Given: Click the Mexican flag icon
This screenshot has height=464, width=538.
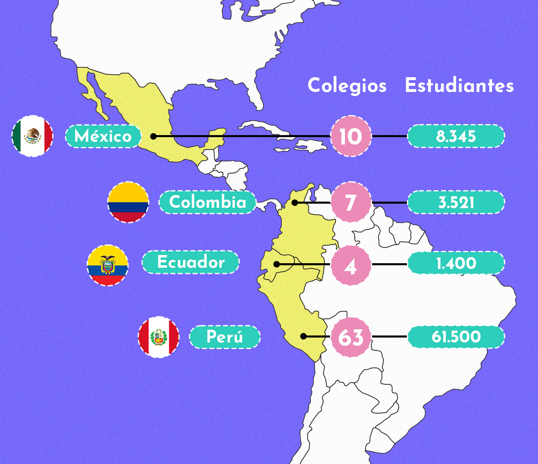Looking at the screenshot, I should pos(32,136).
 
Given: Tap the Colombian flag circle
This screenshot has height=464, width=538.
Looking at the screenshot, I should pos(128,202).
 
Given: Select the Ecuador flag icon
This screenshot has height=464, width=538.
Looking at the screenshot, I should pos(108,266).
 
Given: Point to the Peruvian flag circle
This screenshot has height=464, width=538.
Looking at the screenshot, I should pos(159,337).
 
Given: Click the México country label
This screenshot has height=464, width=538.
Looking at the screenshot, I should pos(103,136).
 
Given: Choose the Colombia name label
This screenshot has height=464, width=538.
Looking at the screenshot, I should pos(207,202).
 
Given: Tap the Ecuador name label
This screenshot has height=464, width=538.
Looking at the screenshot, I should pos(191,262).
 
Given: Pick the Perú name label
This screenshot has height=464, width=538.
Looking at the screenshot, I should pos(225,337).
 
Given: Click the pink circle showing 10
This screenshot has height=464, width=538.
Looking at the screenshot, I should pos(351,136).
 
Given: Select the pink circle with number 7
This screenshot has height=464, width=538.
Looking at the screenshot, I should pos(351,202).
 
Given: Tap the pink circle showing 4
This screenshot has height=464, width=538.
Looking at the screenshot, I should pos(351,266).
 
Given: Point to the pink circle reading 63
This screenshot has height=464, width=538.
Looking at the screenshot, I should pos(351,337).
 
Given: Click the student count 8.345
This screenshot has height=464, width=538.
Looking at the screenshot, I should pos(456,136).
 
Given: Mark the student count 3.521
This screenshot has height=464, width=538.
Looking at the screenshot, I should pos(456,202).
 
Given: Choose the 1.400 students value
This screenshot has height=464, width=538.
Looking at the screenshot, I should pos(456,263).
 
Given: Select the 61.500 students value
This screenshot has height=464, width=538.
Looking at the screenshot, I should pos(456,337).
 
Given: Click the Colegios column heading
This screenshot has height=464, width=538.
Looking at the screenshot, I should pos(347,86).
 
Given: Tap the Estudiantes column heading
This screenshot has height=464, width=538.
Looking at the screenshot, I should pos(459,86).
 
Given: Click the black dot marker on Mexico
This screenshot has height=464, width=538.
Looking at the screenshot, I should pos(153,136).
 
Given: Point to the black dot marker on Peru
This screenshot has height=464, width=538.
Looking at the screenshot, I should pos(303,336).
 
